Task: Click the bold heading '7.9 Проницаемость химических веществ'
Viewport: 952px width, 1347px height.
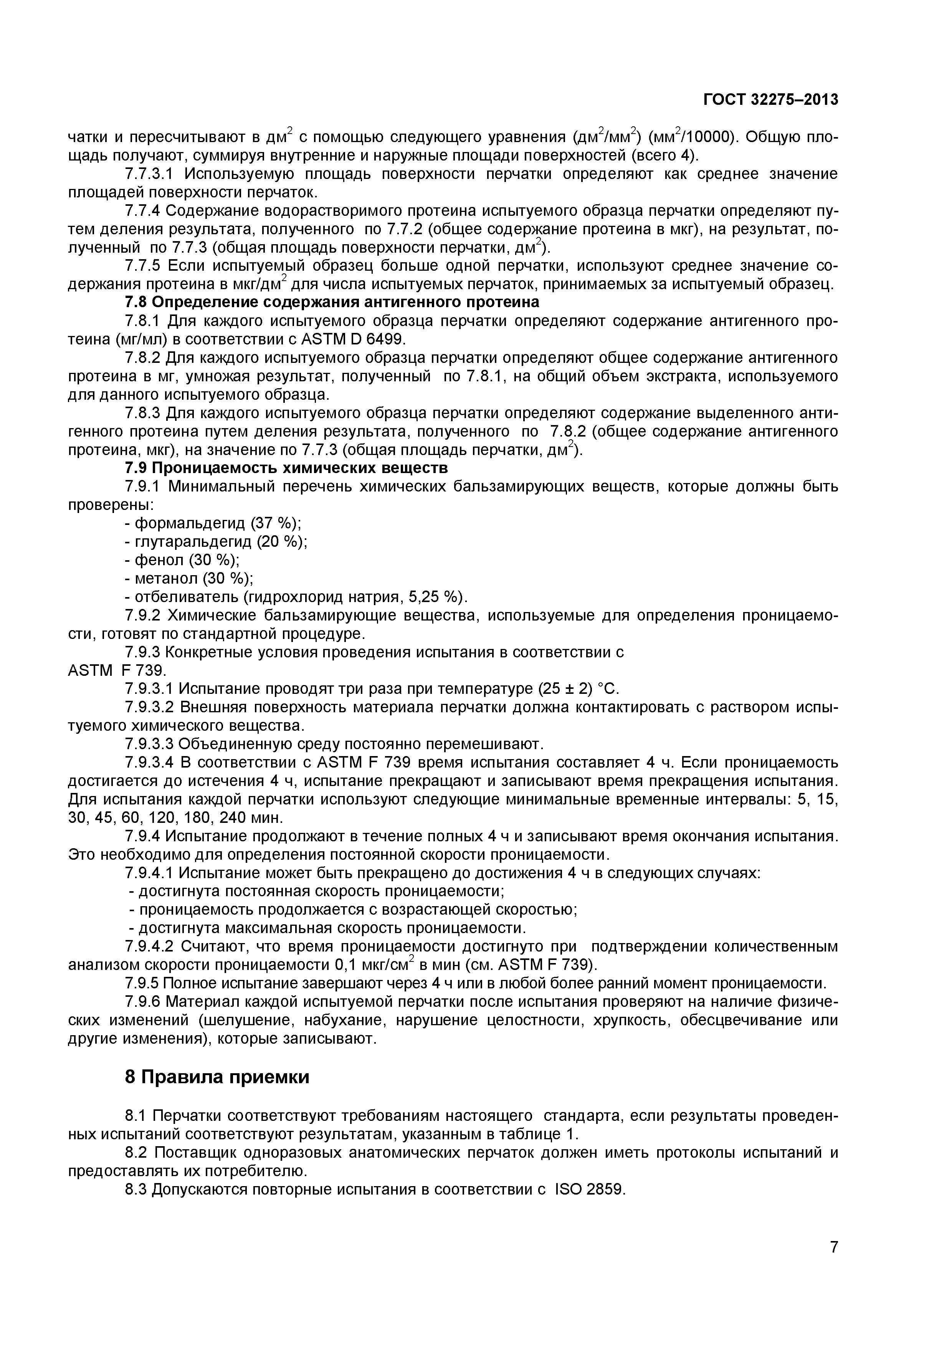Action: [286, 468]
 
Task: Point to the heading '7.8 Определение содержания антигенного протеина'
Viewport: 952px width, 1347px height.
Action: [332, 302]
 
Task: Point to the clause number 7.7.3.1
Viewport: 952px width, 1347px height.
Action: [150, 174]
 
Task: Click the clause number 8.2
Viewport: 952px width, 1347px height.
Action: [138, 1153]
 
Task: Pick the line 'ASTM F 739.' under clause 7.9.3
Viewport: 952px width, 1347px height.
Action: [118, 670]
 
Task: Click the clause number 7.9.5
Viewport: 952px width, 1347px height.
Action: [141, 983]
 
